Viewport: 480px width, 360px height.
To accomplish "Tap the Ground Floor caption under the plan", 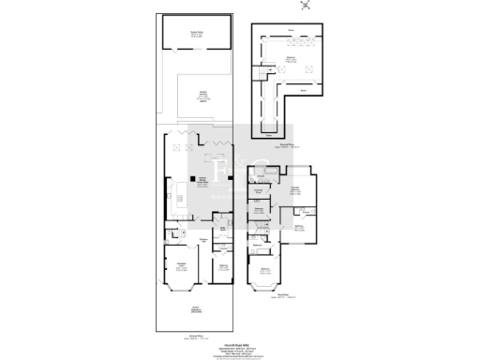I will [x=195, y=335].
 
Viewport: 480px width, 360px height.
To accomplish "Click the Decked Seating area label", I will [x=202, y=95].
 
